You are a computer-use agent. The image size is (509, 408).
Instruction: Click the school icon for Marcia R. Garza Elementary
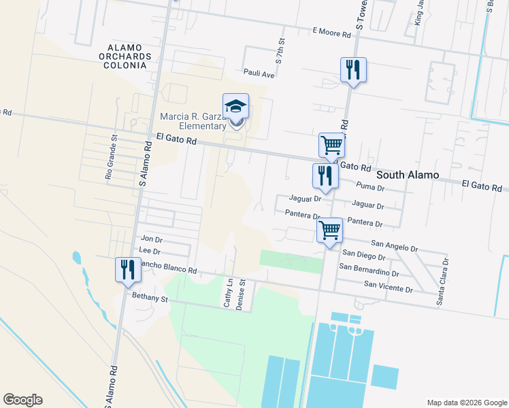(235, 107)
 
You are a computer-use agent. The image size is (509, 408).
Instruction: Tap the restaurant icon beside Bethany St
(127, 270)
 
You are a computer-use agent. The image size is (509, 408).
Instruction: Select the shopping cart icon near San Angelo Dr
(330, 230)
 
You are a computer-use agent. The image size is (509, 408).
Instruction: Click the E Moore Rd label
(331, 32)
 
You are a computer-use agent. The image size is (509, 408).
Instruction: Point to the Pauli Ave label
(259, 73)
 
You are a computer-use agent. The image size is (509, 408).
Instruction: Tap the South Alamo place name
(408, 175)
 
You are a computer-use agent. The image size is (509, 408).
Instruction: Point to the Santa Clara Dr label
(446, 280)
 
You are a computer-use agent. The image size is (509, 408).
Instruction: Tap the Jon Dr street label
(150, 239)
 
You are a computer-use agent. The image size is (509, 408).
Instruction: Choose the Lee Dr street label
(149, 251)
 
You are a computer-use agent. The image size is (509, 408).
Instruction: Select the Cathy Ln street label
(229, 293)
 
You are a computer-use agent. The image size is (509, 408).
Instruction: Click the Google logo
(22, 399)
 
